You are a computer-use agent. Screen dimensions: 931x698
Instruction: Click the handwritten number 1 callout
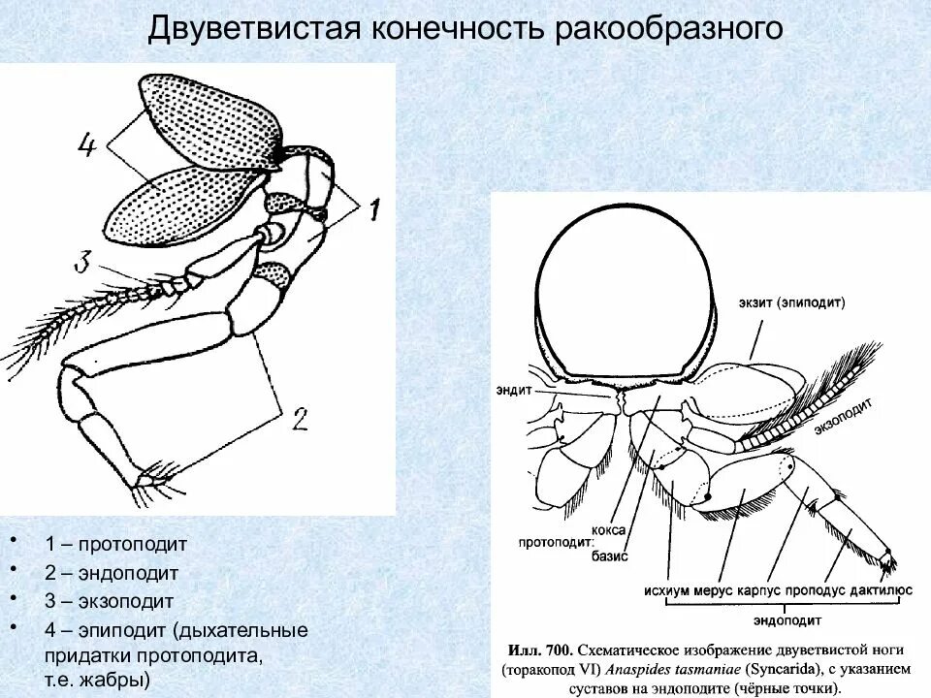pyautogui.click(x=374, y=206)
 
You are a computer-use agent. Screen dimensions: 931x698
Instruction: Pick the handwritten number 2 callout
pyautogui.click(x=299, y=418)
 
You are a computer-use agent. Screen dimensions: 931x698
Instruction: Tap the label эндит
pyautogui.click(x=511, y=393)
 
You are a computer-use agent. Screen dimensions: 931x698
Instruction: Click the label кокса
pyautogui.click(x=610, y=528)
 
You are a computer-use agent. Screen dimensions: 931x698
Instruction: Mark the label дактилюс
pyautogui.click(x=876, y=587)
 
